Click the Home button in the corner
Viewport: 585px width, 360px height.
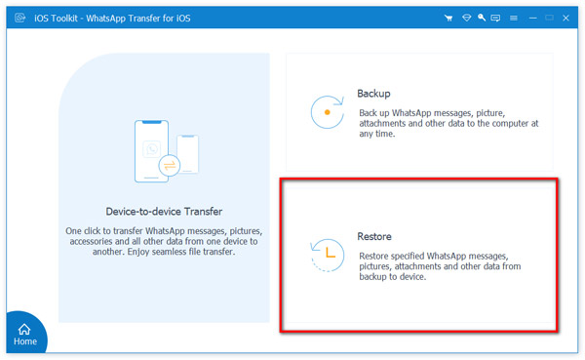point(24,333)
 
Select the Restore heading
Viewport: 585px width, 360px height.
point(374,238)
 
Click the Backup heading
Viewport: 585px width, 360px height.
point(375,94)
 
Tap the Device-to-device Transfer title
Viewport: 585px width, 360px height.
point(164,211)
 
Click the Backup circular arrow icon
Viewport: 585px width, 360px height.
point(327,113)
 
